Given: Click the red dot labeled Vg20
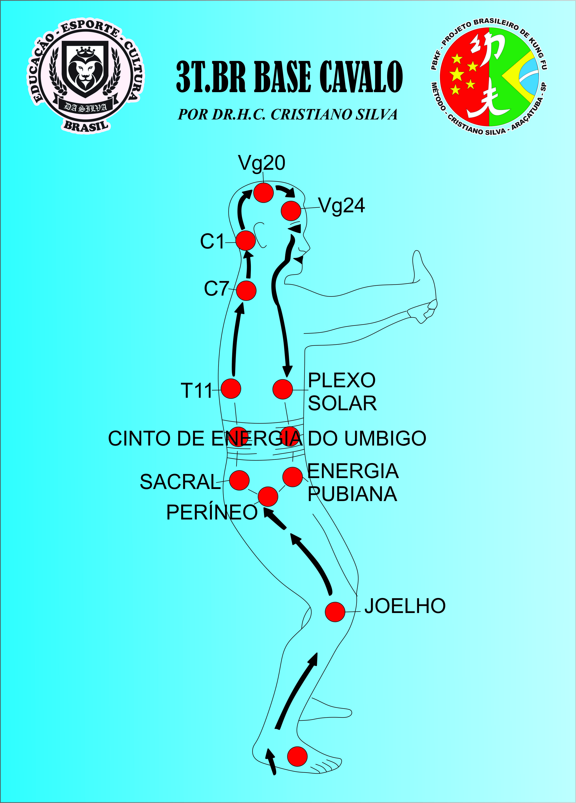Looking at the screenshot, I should (x=263, y=193).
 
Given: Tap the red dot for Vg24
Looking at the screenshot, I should (x=291, y=211).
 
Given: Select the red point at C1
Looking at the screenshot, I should (x=246, y=241).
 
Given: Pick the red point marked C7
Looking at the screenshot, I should (x=246, y=291).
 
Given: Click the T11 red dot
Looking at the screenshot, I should (x=231, y=389).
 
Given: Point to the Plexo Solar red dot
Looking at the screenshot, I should (x=283, y=389).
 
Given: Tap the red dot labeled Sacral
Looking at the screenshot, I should (x=239, y=480).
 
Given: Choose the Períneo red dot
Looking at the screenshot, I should (x=268, y=496).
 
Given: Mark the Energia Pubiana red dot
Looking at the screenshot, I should (x=292, y=476).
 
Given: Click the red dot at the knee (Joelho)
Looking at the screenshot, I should (x=335, y=611).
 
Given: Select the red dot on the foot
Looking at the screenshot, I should (x=297, y=757).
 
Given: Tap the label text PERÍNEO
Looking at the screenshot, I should (x=212, y=512).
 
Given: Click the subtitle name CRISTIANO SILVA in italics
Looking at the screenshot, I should (x=334, y=114).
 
